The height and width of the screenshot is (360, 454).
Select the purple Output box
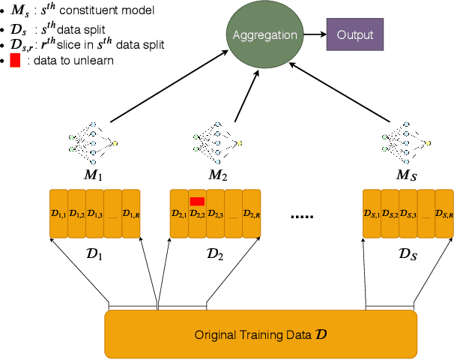[x=354, y=35]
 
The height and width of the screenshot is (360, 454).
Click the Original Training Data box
[x=260, y=334]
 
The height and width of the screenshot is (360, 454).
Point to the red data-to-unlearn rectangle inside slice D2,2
[x=197, y=201]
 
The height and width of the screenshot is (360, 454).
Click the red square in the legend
[x=14, y=61]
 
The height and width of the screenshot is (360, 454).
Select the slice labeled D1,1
[x=58, y=214]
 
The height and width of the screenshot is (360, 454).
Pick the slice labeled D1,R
[x=130, y=214]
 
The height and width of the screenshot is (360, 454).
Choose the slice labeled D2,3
[x=215, y=214]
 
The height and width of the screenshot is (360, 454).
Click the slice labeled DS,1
[x=372, y=214]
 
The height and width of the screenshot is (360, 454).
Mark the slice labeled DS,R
[x=444, y=214]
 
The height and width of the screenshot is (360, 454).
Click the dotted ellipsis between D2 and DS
[x=303, y=217]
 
